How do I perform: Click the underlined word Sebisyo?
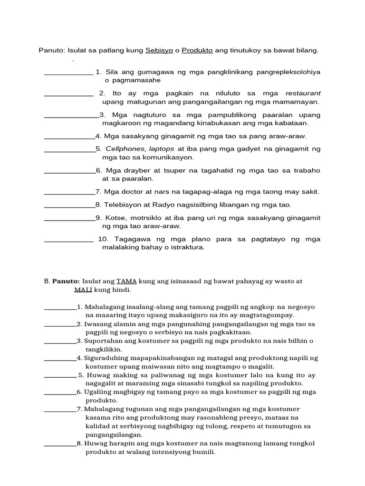[159, 50]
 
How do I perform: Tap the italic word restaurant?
[303, 93]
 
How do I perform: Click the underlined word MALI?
[83, 290]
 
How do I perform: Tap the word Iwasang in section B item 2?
[97, 324]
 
